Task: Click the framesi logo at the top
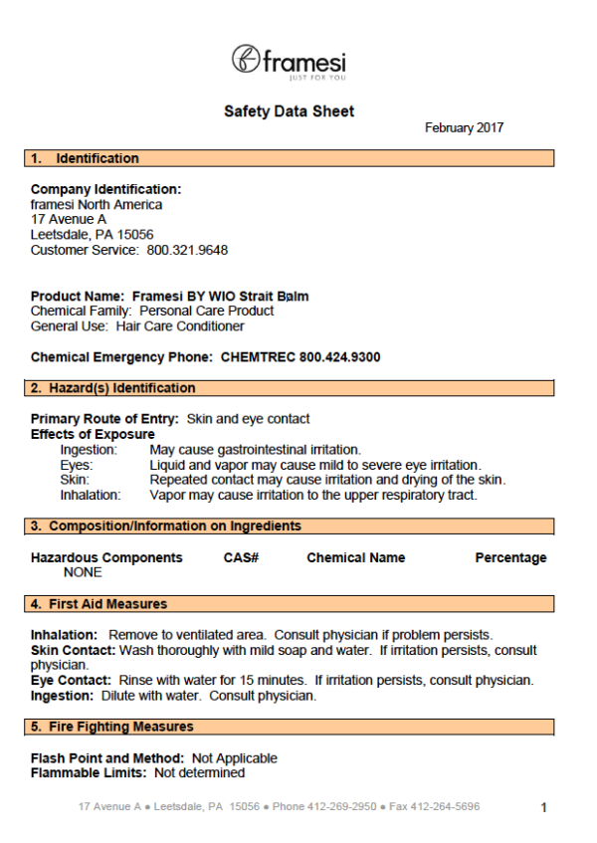(x=289, y=62)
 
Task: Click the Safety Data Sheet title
(x=289, y=111)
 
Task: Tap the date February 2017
(x=464, y=128)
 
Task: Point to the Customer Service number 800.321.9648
(x=187, y=250)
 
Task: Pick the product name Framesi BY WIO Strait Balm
(x=217, y=297)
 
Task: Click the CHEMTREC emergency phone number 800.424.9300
(x=339, y=357)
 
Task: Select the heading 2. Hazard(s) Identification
(x=112, y=388)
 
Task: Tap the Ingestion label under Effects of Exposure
(x=89, y=450)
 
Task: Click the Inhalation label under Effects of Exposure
(x=91, y=495)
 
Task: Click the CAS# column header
(x=241, y=558)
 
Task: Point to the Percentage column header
(x=510, y=558)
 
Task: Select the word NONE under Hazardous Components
(x=83, y=572)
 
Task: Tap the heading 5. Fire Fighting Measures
(x=111, y=727)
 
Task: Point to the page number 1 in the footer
(x=543, y=808)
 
